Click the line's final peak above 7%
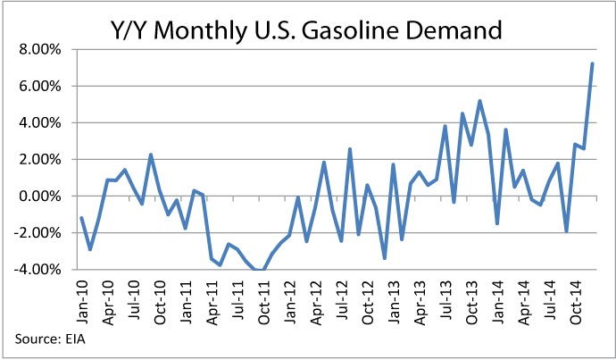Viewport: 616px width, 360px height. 592,64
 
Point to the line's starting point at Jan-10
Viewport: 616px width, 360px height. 81,218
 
